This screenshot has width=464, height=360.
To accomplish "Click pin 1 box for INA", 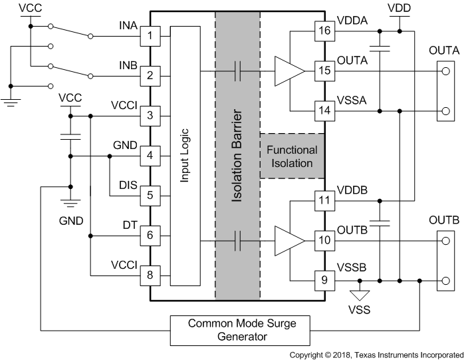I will (150, 35).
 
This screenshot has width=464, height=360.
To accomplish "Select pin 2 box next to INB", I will (150, 75).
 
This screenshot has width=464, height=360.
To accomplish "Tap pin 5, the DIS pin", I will (150, 196).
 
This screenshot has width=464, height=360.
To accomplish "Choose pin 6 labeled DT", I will (150, 235).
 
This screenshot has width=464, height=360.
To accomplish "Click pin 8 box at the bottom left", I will (150, 275).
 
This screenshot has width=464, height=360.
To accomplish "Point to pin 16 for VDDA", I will (324, 30).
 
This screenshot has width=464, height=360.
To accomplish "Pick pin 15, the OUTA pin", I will (324, 70).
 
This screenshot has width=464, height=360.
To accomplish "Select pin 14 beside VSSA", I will (324, 110).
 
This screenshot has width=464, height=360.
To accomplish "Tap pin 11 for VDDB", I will (324, 200).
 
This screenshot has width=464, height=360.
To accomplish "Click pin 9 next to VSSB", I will (324, 279).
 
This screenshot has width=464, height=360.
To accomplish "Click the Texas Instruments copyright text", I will (376, 355).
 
